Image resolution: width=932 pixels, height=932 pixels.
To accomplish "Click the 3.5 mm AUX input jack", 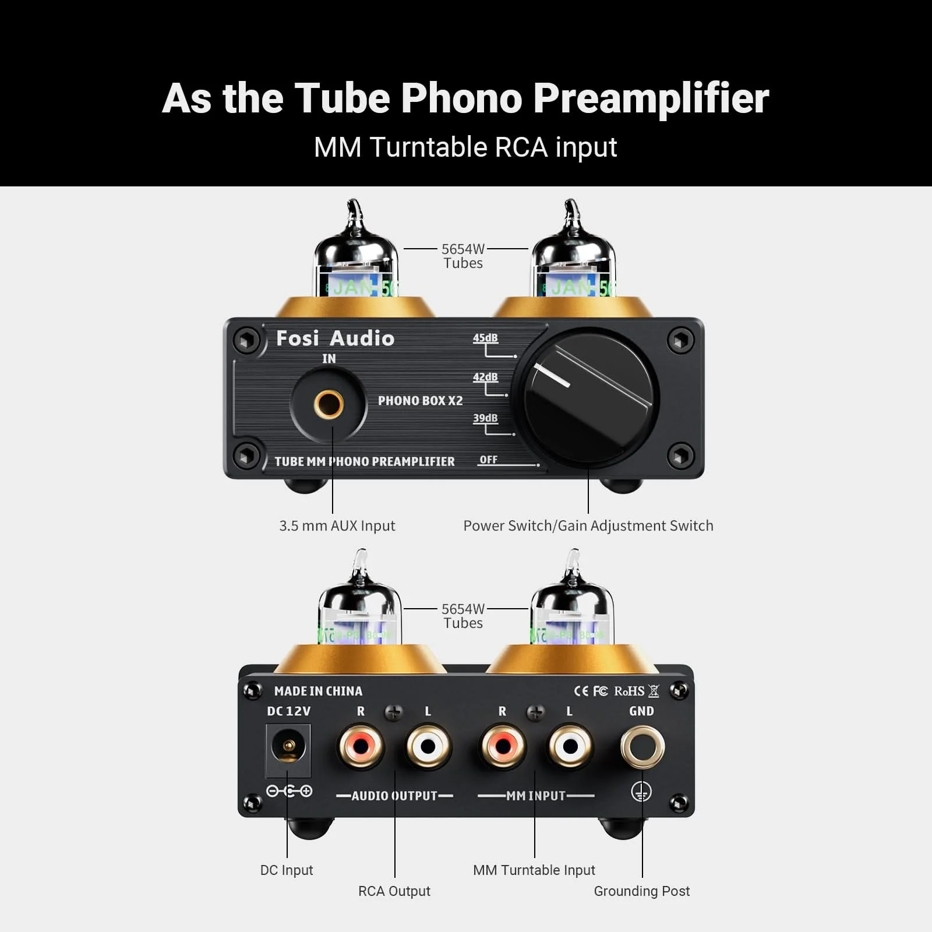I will click(329, 404).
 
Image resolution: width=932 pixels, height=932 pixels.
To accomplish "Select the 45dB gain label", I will click(485, 338).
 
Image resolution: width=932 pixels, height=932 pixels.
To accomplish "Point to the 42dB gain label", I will click(485, 377).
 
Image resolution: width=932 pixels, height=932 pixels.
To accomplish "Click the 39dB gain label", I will click(485, 418).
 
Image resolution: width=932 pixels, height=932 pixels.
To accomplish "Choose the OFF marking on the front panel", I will click(488, 460).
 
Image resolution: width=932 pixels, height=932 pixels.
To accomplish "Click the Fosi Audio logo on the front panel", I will click(335, 338).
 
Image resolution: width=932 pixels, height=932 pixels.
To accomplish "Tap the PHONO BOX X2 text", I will click(420, 401).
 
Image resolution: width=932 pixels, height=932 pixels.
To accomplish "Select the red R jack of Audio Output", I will click(361, 746).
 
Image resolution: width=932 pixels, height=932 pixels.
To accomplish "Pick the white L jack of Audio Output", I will click(428, 746).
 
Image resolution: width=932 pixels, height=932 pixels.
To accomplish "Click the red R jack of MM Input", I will click(502, 746).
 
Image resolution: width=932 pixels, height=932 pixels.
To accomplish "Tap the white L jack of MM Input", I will click(570, 746).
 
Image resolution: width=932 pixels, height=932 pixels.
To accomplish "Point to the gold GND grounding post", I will click(642, 747).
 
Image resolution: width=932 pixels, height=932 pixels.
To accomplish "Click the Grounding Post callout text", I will click(641, 891).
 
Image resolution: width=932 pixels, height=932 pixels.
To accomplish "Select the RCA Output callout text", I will click(394, 891).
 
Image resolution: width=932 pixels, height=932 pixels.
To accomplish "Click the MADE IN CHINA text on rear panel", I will click(318, 691).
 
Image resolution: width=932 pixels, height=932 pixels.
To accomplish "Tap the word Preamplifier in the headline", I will click(651, 98).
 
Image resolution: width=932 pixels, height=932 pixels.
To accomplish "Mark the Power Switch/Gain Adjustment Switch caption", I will click(588, 525).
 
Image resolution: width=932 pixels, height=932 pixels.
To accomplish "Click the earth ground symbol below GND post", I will click(641, 792).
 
